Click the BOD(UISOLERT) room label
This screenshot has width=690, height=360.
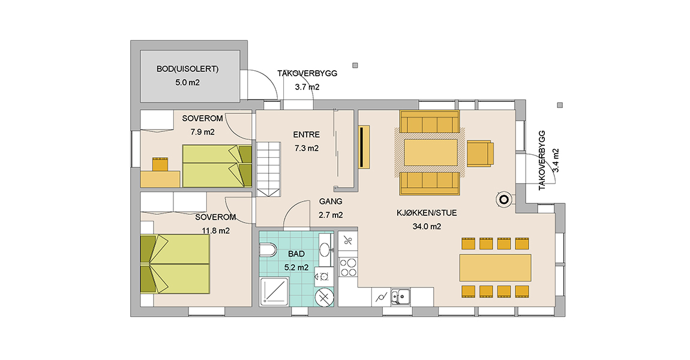click(187, 69)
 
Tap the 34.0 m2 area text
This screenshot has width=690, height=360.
click(427, 227)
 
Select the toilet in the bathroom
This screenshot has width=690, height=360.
click(268, 251)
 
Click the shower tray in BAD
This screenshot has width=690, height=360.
click(274, 291)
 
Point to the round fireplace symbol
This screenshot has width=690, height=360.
click(504, 200)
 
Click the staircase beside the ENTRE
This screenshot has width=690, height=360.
click(268, 169)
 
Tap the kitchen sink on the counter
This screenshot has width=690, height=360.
click(400, 296)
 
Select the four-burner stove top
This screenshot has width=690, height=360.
click(348, 266)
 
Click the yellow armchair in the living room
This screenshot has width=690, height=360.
click(480, 154)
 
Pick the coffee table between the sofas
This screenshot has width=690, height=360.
click(431, 152)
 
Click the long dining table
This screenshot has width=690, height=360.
click(495, 268)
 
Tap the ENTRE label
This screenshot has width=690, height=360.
click(306, 134)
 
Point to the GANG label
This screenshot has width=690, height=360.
click(331, 202)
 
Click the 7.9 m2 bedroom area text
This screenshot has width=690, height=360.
click(202, 132)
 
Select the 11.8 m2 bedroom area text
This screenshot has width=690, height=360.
click(215, 230)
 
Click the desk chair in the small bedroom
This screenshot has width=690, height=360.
click(160, 164)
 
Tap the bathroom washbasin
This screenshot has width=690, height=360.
click(325, 250)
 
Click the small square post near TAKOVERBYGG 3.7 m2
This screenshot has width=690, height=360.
click(355, 65)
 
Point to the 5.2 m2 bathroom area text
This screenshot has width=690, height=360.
click(296, 268)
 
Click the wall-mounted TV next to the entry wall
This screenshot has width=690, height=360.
click(364, 147)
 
